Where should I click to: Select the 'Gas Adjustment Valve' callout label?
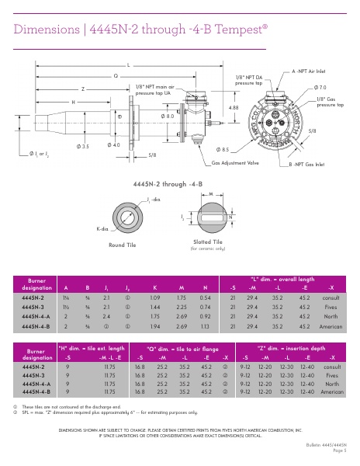tap(237, 164)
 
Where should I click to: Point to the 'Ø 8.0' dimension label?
tap(167, 116)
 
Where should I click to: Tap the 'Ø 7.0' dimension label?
tap(320, 88)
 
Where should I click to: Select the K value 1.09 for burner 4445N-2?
tap(155, 297)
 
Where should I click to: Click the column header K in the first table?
tap(155, 287)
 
